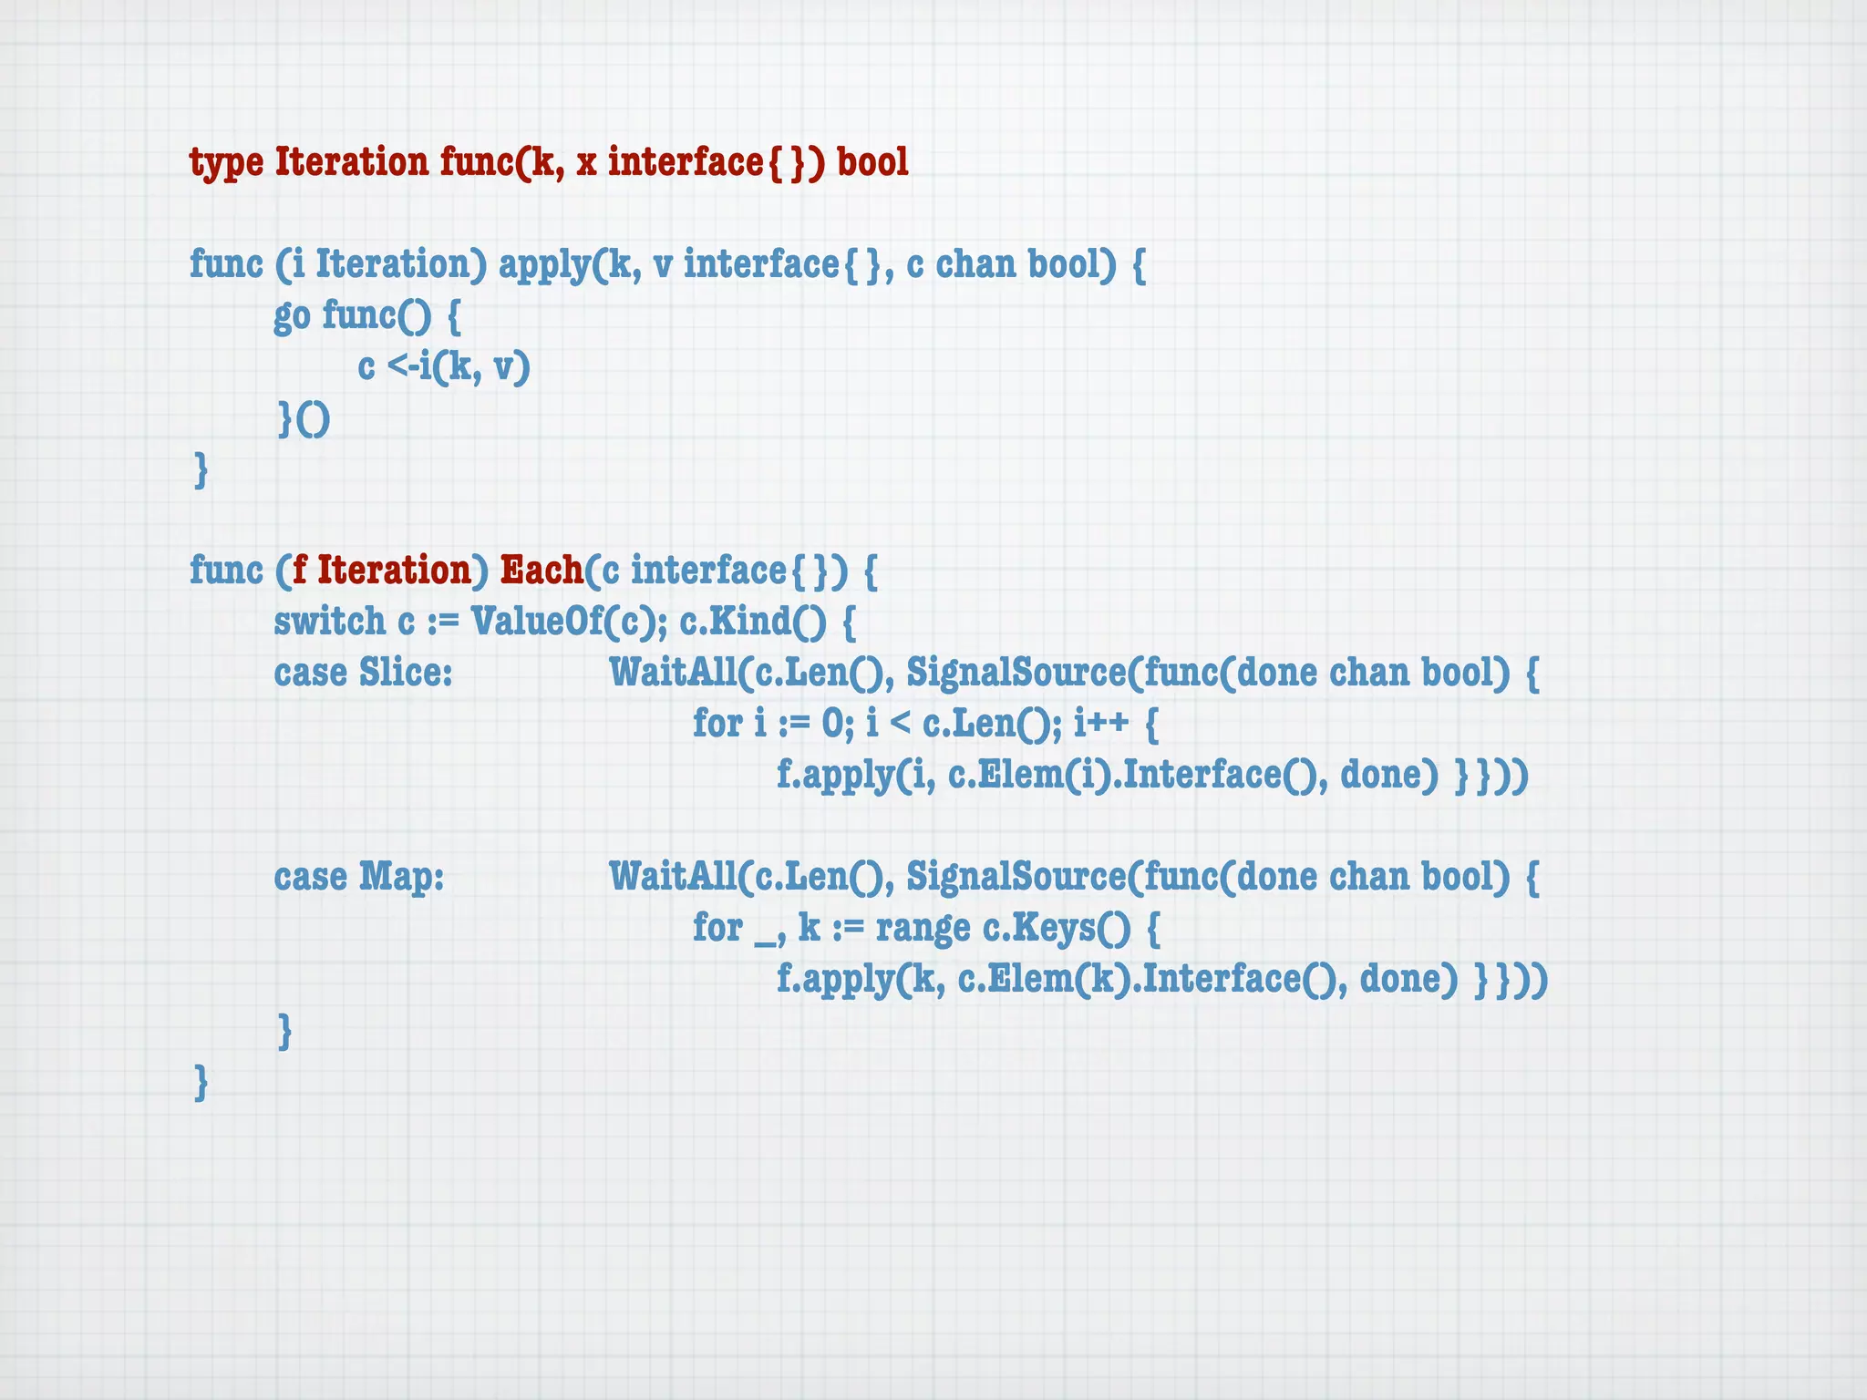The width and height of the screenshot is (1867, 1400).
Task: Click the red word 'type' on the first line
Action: click(226, 163)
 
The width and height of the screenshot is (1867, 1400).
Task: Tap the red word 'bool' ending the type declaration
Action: click(872, 162)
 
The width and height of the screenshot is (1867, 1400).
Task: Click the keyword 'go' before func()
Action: click(292, 316)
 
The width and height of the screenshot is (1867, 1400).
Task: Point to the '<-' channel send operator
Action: click(402, 366)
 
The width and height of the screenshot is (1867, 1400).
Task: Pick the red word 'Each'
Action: click(542, 571)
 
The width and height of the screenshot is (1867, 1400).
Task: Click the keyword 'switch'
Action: click(329, 622)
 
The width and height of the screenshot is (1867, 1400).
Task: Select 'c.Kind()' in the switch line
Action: click(752, 622)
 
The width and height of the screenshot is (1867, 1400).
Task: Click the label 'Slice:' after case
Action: click(406, 673)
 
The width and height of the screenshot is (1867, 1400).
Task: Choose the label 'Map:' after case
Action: click(401, 877)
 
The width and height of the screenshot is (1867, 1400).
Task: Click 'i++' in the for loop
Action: click(1101, 724)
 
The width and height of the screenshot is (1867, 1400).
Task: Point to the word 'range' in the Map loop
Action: click(923, 928)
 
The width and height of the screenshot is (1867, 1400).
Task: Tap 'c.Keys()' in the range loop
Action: click(1057, 928)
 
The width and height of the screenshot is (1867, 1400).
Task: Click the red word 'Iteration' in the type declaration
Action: click(351, 162)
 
